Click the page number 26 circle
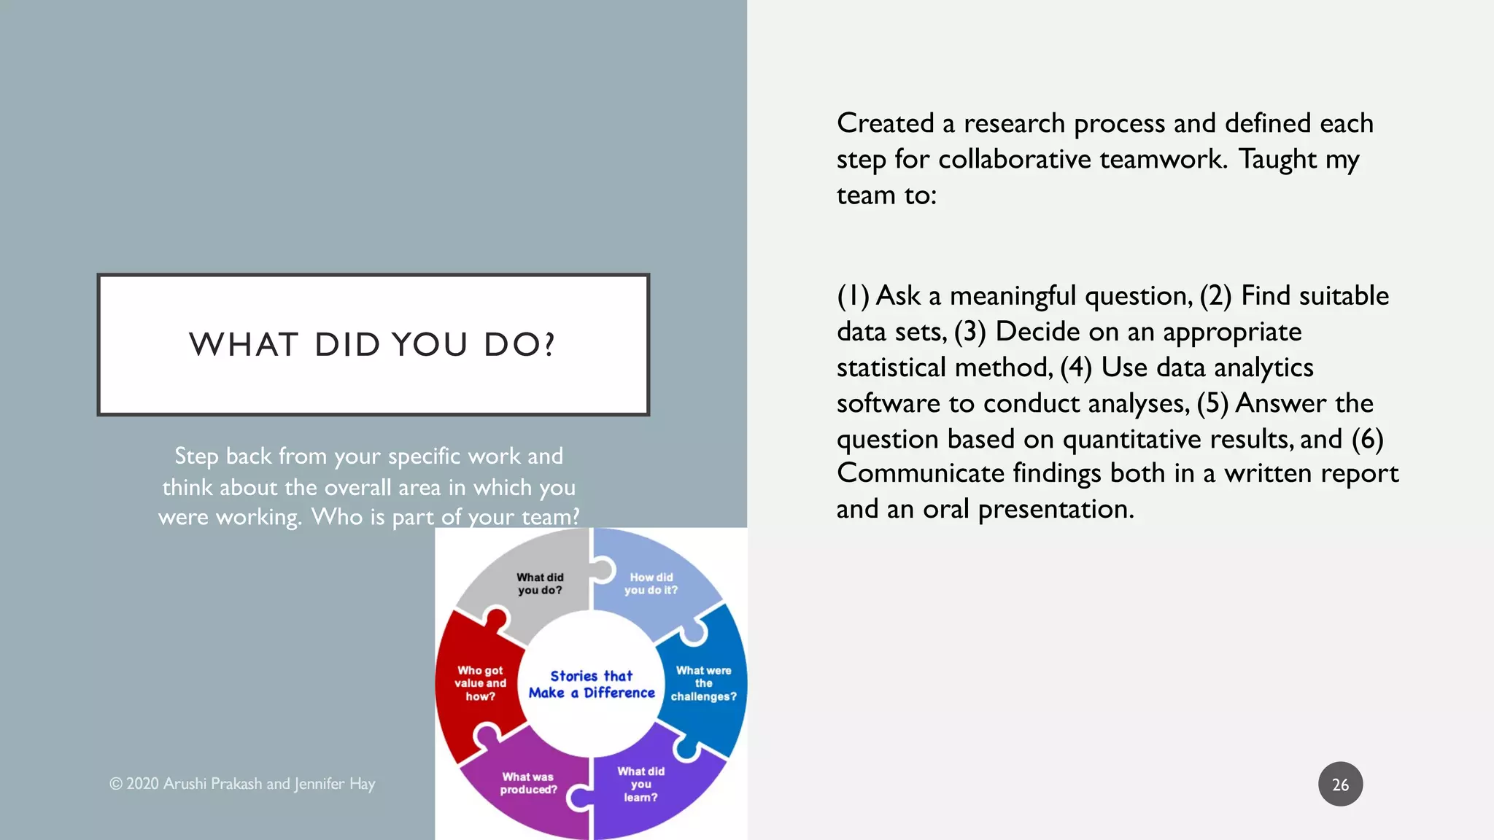coord(1340,785)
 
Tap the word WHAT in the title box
coord(244,345)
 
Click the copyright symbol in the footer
coord(116,784)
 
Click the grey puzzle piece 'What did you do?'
coord(540,584)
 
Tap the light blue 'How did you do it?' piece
coord(651,584)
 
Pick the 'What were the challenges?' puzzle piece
coord(703,683)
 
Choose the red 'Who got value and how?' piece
coord(480,683)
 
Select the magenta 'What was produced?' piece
coord(528,783)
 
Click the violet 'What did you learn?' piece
coord(640,784)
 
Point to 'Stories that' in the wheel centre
coord(591,676)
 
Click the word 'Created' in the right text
coord(885,123)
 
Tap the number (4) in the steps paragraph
coord(1075,367)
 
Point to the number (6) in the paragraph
coord(1367,439)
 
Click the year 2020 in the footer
coord(142,784)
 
